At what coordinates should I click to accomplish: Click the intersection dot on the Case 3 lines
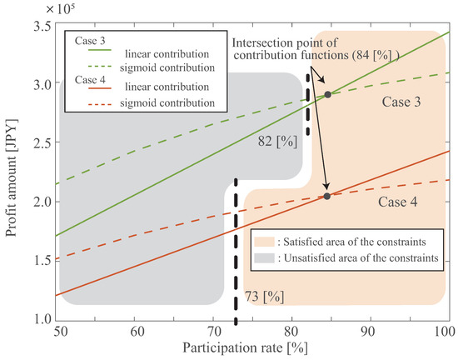click(x=327, y=94)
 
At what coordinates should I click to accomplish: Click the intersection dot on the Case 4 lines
click(x=326, y=196)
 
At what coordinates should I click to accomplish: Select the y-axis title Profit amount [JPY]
click(x=9, y=172)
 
